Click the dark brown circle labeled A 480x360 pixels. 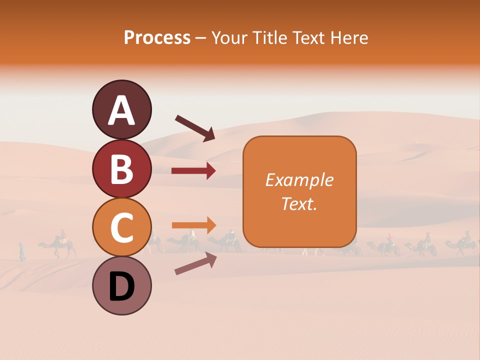click(121, 110)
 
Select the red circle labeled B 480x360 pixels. click(121, 169)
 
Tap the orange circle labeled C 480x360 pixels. click(121, 227)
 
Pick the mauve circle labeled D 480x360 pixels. click(121, 286)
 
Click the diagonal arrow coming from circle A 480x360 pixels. click(195, 128)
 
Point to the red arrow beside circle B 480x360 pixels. click(193, 171)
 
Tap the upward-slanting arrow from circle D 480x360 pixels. click(195, 263)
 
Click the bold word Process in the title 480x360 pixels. click(157, 37)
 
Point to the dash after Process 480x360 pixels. click(201, 38)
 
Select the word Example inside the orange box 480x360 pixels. click(299, 180)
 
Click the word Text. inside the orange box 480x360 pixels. click(299, 203)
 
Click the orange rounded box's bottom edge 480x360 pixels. click(299, 247)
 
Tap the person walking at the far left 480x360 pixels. click(22, 251)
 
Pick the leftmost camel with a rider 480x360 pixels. click(58, 245)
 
